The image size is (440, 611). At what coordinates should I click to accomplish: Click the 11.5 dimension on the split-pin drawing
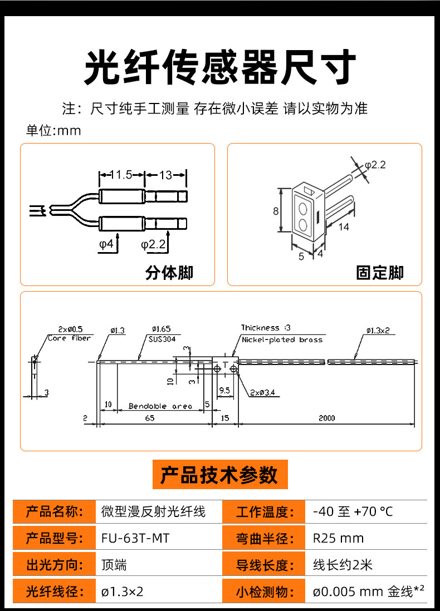point(121,175)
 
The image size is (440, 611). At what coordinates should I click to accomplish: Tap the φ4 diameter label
point(106,244)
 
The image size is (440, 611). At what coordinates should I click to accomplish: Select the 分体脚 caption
point(169,272)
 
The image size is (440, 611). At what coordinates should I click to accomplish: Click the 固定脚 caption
point(380,272)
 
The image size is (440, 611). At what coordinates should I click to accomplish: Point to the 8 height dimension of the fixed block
point(276,211)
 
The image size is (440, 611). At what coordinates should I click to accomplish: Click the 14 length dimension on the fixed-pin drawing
point(343,226)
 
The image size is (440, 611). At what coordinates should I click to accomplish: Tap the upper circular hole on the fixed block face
point(302,209)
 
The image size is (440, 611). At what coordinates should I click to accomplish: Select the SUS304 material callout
point(162,339)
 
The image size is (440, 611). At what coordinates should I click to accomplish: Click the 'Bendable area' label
point(160,406)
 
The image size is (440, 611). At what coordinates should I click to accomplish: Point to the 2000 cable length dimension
point(327,418)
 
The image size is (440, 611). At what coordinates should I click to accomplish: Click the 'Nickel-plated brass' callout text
point(282,340)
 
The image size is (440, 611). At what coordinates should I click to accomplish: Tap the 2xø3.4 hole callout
point(262,392)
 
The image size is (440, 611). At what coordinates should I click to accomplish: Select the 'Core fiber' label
point(69,338)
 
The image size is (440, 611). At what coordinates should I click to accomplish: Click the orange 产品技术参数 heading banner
point(220,474)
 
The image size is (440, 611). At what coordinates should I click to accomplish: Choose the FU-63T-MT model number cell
point(135,538)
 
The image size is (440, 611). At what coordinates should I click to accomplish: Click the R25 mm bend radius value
point(338,538)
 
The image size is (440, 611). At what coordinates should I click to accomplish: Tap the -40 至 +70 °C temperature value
point(353,511)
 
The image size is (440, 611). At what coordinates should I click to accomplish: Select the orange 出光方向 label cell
point(54,565)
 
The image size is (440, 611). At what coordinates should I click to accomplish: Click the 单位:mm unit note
point(53,130)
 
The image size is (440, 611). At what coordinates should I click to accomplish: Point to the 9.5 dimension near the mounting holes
point(224,390)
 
